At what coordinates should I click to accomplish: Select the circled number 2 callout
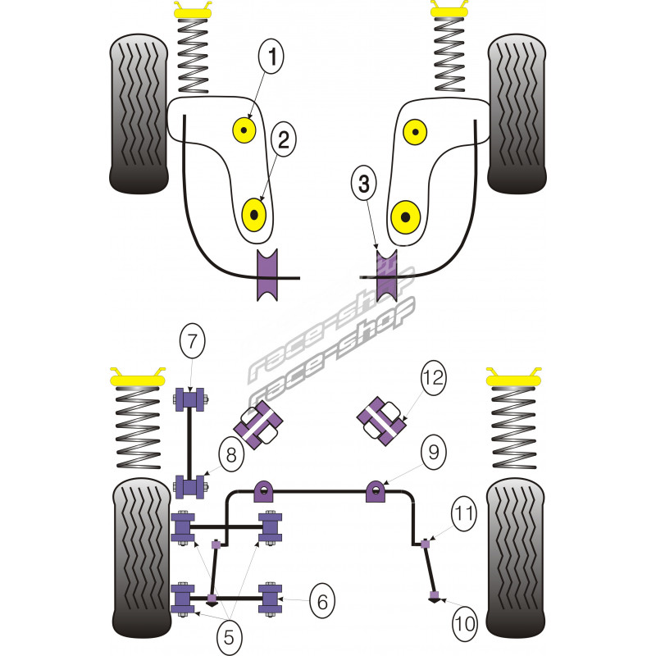[283, 140]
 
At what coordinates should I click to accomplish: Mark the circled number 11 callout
[464, 514]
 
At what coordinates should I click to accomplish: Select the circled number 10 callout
[463, 624]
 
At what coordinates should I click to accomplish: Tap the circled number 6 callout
[322, 603]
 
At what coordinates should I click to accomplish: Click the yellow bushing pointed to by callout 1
[244, 128]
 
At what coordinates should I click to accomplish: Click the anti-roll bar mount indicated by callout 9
[377, 492]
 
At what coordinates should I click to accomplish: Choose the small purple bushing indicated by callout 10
[434, 594]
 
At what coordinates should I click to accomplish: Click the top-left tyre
[137, 114]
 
